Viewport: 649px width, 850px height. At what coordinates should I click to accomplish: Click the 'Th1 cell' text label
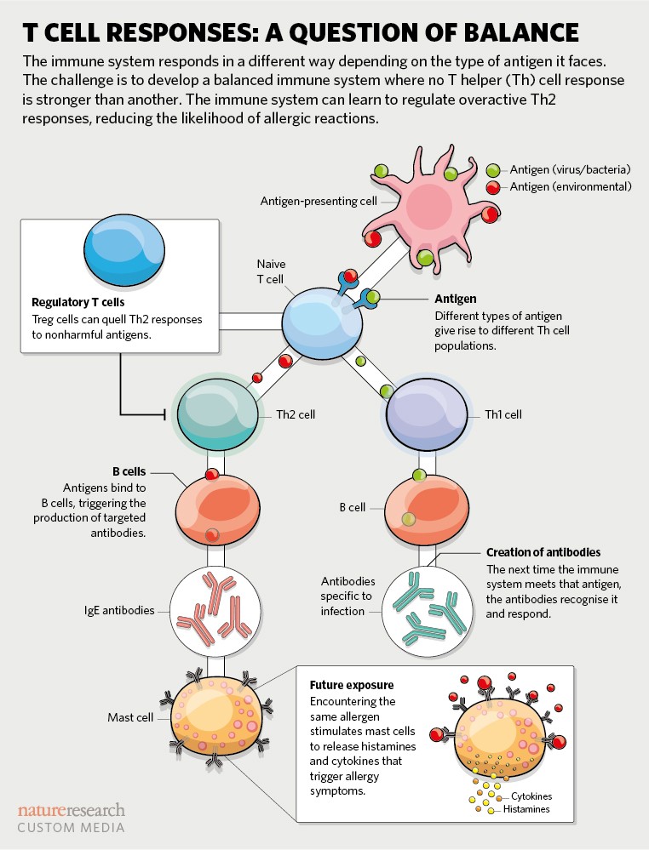point(503,415)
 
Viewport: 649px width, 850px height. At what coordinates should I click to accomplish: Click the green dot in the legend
point(493,170)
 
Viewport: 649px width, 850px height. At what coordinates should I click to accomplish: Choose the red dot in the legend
point(493,186)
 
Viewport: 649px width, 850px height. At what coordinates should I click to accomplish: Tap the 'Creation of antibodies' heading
point(543,552)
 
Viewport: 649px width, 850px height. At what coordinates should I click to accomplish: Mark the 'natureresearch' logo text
point(72,809)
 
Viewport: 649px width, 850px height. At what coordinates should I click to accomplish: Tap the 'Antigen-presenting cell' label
point(319,202)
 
